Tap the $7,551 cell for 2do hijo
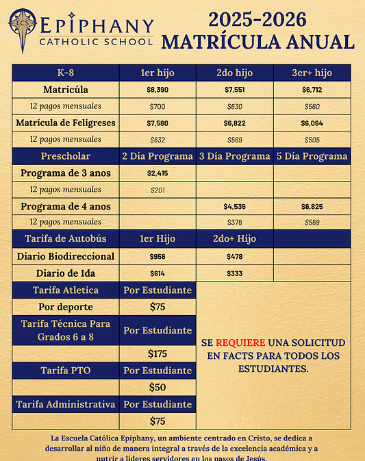[x=234, y=90]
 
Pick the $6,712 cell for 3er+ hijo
[x=312, y=90]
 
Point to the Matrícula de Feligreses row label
[x=66, y=123]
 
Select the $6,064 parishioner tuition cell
[x=312, y=123]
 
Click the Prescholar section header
[x=66, y=156]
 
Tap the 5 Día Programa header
[x=312, y=156]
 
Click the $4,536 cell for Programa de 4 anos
[x=234, y=205]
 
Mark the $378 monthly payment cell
[x=234, y=222]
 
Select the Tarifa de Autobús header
[x=66, y=238]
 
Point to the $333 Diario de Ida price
[x=234, y=273]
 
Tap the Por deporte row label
[x=66, y=307]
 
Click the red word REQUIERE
[x=238, y=342]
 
